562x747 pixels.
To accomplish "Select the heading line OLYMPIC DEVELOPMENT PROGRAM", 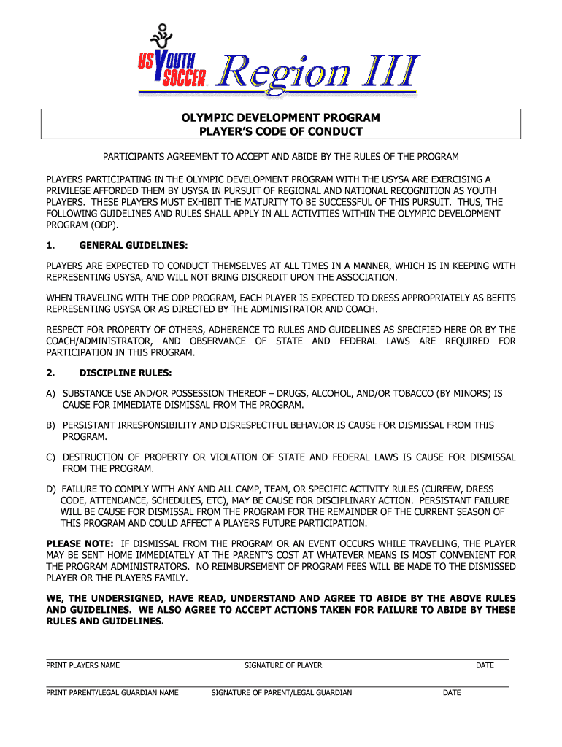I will coord(281,118).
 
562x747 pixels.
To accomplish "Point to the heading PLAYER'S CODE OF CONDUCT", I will coord(281,131).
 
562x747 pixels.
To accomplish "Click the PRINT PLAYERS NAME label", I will coord(83,665).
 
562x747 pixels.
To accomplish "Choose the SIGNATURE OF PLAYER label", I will coord(283,665).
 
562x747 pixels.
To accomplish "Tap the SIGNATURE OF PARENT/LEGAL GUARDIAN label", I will coord(282,692).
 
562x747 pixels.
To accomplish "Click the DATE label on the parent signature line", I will coord(452,692).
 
